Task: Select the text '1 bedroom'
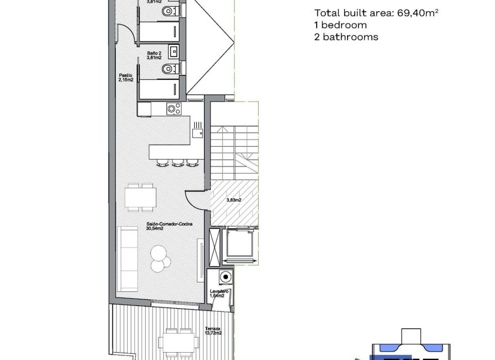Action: pos(340,25)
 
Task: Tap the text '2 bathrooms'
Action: pos(346,37)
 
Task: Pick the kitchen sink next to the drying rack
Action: pos(196,133)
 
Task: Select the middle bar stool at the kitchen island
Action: pos(177,163)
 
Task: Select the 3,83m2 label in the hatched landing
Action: pos(233,200)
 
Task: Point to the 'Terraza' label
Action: pos(213,329)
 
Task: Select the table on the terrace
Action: pos(178,342)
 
